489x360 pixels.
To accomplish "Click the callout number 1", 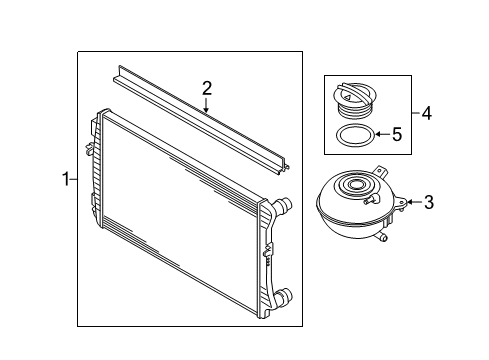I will pyautogui.click(x=65, y=180).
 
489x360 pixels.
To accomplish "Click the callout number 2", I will pyautogui.click(x=206, y=89).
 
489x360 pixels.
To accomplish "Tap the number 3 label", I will pyautogui.click(x=427, y=204).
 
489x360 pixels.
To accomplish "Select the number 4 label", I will pyautogui.click(x=426, y=114).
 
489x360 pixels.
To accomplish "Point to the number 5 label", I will pyautogui.click(x=396, y=133).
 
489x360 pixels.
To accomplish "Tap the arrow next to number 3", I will pyautogui.click(x=410, y=204).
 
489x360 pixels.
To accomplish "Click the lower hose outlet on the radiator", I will pyautogui.click(x=285, y=297).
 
